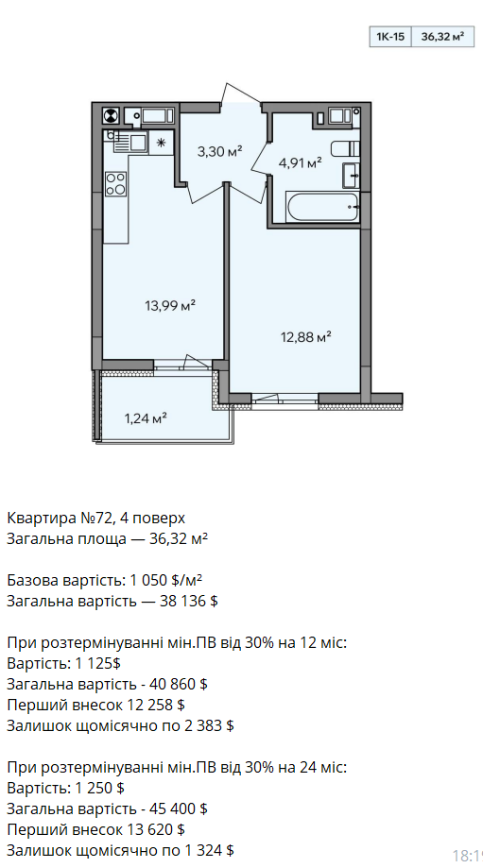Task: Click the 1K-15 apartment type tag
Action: coord(390,37)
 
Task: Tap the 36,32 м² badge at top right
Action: coord(442,37)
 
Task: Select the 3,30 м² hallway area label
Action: coord(220,150)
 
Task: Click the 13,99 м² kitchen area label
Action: coord(171,305)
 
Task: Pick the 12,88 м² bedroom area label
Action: coord(305,336)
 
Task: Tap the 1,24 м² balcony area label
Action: coord(146,418)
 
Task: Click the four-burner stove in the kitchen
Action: coord(116,183)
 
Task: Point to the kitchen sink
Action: coord(129,141)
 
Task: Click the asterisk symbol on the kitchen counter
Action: coord(162,143)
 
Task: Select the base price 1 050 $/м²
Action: coord(166,580)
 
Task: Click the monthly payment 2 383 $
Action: coord(206,725)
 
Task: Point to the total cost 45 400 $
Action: coord(179,808)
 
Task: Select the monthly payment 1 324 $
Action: coord(206,850)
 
